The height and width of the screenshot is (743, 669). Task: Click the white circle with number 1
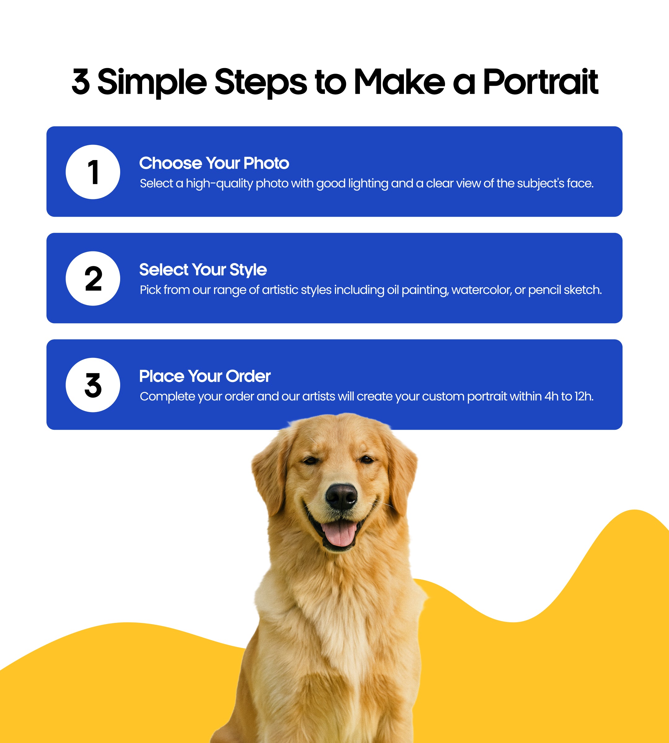[x=93, y=172]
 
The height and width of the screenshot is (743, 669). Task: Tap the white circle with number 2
[x=93, y=279]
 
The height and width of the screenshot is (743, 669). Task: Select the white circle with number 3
[x=93, y=385]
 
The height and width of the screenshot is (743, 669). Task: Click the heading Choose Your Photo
[x=214, y=163]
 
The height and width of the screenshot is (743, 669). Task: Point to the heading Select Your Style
[x=203, y=270]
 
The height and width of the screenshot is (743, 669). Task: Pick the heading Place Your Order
[x=205, y=376]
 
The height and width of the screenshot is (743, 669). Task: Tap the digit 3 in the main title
[x=81, y=82]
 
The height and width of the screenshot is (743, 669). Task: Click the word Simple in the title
[x=152, y=83]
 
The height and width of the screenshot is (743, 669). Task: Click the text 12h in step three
[x=584, y=396]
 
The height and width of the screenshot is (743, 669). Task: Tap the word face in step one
[x=580, y=183]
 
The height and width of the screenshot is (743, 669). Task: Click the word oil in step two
[x=393, y=290]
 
